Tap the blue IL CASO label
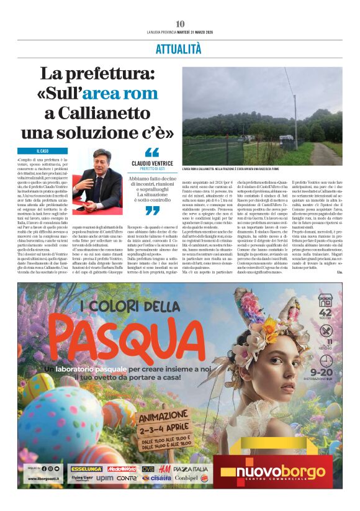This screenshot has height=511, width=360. point(43,151)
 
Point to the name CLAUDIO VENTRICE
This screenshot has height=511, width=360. point(152,163)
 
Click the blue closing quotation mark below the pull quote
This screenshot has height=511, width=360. point(151,210)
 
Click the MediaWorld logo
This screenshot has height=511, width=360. point(122,469)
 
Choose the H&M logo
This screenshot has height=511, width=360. point(164,469)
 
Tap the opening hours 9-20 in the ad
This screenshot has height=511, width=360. point(326,371)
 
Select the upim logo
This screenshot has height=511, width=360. point(105,478)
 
